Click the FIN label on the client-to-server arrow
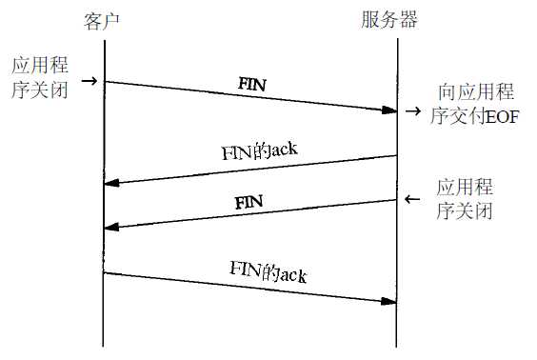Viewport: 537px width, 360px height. point(251,85)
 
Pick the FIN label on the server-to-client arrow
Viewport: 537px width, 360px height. point(249,203)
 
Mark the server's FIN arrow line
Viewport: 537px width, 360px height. point(249,214)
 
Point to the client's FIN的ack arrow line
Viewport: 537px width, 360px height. point(249,288)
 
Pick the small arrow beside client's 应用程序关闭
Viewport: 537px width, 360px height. point(90,83)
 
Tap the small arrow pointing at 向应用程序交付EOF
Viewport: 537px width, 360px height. point(412,112)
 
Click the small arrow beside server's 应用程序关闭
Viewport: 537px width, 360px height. point(411,199)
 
